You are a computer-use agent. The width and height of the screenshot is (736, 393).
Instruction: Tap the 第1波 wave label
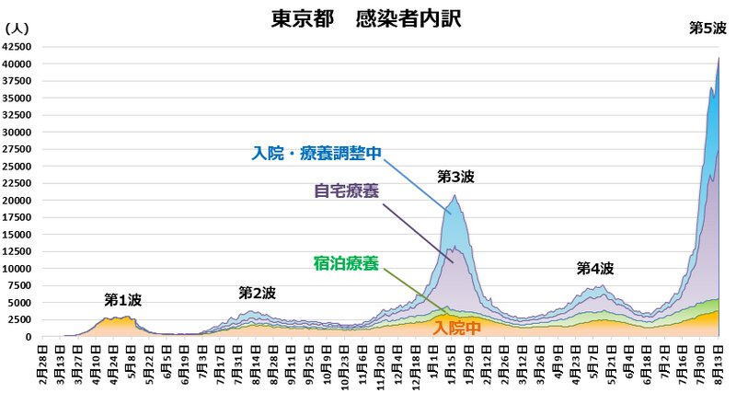122,300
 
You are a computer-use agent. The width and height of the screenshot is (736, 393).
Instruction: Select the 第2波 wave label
257,293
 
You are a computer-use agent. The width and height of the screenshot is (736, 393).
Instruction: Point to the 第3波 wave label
454,176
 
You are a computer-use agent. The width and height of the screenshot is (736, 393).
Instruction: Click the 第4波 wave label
594,269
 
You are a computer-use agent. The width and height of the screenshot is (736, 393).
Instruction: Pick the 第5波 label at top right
707,29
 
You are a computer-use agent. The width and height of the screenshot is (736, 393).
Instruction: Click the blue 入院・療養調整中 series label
316,154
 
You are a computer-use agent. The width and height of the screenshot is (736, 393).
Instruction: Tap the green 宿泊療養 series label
345,264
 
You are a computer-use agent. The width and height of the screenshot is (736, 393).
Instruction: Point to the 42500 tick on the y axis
18,46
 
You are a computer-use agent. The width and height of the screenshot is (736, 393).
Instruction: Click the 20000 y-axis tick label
18,200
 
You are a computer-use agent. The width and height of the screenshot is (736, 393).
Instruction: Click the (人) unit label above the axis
17,29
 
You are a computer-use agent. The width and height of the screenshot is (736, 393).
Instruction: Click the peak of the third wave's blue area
454,195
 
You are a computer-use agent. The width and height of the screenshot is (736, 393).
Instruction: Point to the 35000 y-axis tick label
18,98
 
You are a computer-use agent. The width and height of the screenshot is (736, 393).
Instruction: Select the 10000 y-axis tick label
18,269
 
